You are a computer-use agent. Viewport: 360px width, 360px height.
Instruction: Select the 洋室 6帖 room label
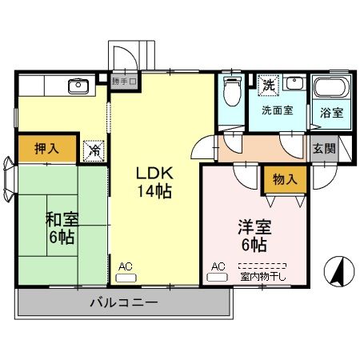tap(251, 234)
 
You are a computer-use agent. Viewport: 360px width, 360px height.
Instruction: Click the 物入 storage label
tap(284, 179)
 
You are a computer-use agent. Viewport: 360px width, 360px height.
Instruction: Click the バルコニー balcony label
tap(123, 303)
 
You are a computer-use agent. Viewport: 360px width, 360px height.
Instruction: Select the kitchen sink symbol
tap(79, 86)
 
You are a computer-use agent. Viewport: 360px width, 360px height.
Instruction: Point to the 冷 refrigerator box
tap(94, 149)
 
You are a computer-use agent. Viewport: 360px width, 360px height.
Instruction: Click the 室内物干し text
tap(262, 277)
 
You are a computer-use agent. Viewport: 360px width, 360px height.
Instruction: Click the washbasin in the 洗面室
tap(294, 83)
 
